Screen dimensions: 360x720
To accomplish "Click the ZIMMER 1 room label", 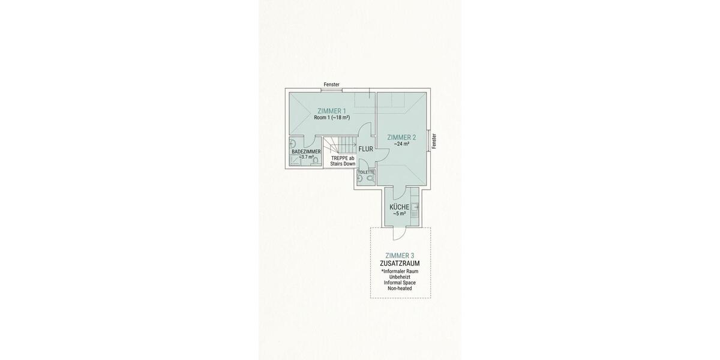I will pos(332,110).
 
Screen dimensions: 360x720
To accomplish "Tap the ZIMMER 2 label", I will pos(401,137).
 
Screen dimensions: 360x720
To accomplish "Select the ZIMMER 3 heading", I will pos(400,256).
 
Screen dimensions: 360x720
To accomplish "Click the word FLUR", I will pos(366,149).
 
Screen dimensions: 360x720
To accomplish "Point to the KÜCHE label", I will pos(399,207).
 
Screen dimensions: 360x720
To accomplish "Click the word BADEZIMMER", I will pos(306,152).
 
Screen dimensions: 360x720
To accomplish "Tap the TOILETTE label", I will pos(366,172).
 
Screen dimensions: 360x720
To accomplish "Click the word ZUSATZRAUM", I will pos(400,263).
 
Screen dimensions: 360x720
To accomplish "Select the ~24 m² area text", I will pos(401,144).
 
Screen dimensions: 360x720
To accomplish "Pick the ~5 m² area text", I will pos(399,214).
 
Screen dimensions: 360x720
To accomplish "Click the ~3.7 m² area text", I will pos(306,157).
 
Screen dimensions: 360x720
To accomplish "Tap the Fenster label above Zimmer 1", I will pos(332,85).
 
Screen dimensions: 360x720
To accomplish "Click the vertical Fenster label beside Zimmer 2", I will pos(434,141).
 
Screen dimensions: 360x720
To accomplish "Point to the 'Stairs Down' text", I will pos(343,164).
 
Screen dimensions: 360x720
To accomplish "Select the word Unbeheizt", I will pos(400,277).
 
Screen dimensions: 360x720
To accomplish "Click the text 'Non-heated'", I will pos(400,289).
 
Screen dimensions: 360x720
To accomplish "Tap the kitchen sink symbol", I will pos(414,206).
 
